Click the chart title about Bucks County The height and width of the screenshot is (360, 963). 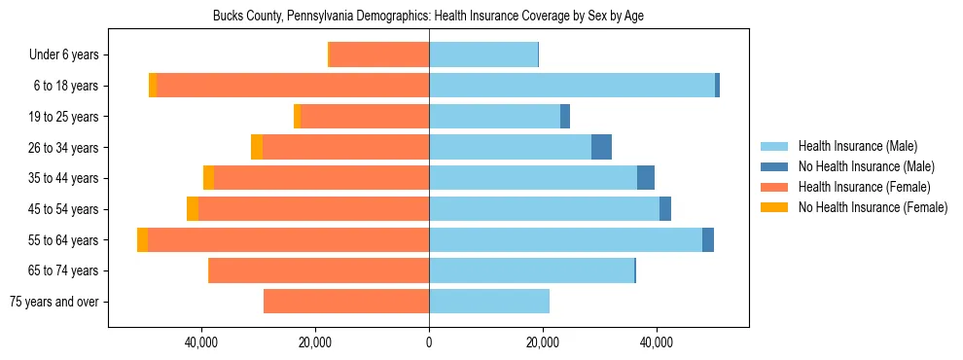tap(428, 16)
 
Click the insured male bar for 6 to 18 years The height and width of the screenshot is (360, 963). tap(572, 86)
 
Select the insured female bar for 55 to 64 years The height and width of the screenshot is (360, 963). tap(288, 239)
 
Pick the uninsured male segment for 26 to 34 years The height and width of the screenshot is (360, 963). tap(601, 147)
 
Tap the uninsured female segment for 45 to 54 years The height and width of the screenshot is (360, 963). tap(193, 209)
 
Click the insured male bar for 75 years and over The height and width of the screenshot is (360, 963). tap(489, 302)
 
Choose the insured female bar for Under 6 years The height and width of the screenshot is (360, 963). tap(379, 55)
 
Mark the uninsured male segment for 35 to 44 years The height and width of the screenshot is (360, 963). tap(646, 178)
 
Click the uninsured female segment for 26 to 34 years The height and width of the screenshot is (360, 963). tap(257, 147)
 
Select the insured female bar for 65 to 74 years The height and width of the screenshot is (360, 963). tap(319, 270)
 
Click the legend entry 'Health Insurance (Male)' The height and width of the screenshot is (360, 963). tap(857, 146)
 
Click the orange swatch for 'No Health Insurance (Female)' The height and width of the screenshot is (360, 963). tap(775, 207)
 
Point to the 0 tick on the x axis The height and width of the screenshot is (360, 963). tap(429, 342)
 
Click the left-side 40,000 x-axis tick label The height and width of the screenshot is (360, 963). tap(201, 342)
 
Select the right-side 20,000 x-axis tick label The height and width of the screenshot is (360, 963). tap(543, 342)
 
